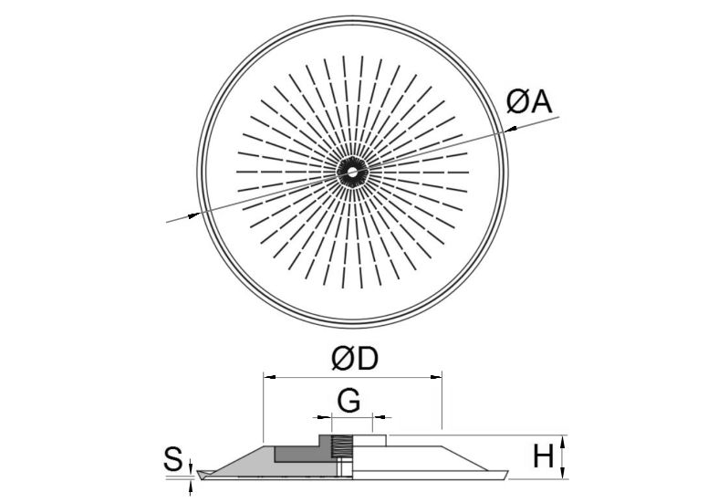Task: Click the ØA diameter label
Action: [x=529, y=101]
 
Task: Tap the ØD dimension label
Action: [x=355, y=359]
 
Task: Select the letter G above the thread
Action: [x=349, y=402]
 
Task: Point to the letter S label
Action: [x=173, y=459]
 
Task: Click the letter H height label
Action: [x=544, y=456]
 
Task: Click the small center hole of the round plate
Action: [x=352, y=173]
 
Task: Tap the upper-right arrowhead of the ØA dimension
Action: [x=511, y=130]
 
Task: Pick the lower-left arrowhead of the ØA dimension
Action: [x=193, y=215]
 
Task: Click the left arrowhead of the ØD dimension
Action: [x=269, y=377]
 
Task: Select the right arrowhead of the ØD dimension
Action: [x=436, y=377]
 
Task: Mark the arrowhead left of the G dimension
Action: [x=325, y=417]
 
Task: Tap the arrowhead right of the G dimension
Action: [x=380, y=417]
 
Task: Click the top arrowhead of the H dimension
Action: [x=564, y=441]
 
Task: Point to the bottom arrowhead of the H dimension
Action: [x=564, y=473]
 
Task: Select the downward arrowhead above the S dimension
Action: [x=191, y=465]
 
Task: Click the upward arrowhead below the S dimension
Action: [x=191, y=486]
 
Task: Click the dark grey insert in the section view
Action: [x=302, y=454]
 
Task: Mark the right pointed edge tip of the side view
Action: [x=508, y=471]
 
